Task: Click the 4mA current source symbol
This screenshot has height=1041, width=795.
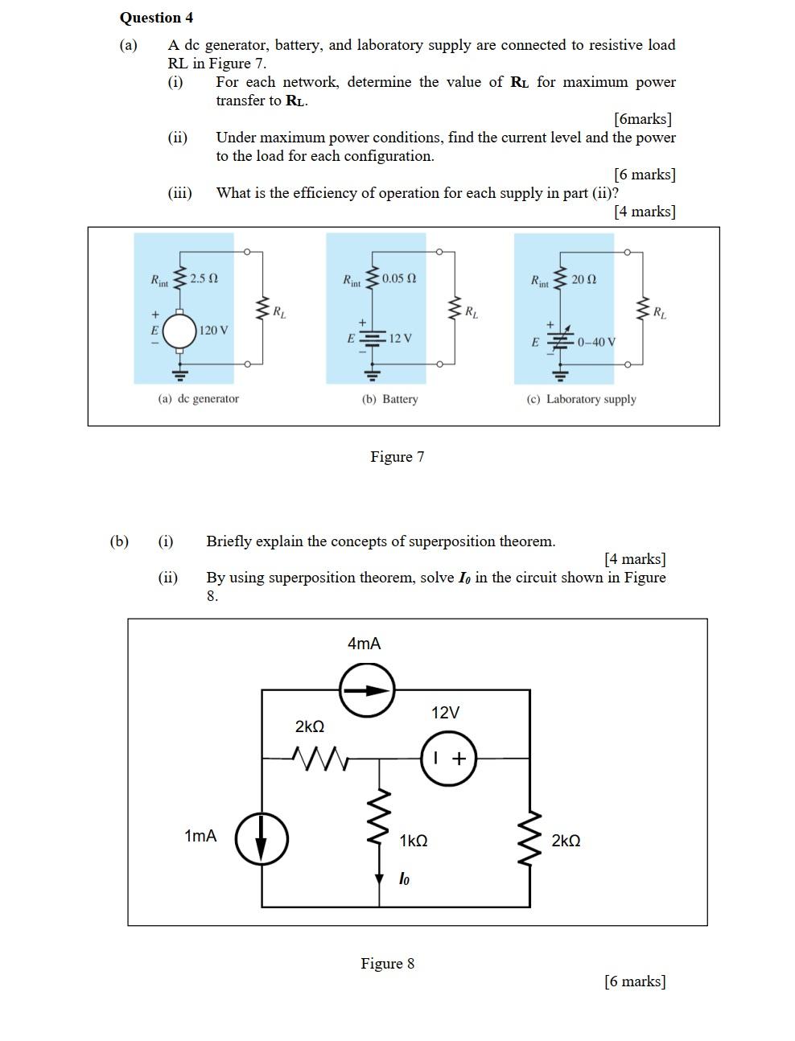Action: [367, 689]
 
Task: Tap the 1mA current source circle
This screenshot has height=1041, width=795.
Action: [262, 837]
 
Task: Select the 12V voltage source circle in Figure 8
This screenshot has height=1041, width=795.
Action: [448, 758]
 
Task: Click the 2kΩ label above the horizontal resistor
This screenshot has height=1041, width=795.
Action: [310, 726]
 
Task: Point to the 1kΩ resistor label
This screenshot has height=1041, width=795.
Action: [414, 841]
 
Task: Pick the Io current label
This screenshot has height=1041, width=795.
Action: [404, 879]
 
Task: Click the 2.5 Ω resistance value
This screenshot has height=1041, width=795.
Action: [204, 278]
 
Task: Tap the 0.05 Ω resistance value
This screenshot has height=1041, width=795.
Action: [399, 278]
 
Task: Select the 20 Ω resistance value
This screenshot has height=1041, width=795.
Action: [584, 279]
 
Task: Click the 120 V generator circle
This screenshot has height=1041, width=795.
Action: [180, 331]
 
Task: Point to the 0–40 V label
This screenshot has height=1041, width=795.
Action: [596, 342]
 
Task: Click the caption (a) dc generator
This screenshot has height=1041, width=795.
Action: [198, 399]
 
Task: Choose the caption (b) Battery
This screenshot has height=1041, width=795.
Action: [389, 399]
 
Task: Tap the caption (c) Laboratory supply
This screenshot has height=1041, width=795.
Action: [581, 399]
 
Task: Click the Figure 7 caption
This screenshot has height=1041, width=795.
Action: [397, 457]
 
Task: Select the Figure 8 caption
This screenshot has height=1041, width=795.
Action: [387, 964]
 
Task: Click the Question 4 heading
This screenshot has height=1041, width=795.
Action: [156, 18]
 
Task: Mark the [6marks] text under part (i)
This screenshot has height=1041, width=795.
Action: [642, 119]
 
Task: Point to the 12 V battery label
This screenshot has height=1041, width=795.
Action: [401, 338]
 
